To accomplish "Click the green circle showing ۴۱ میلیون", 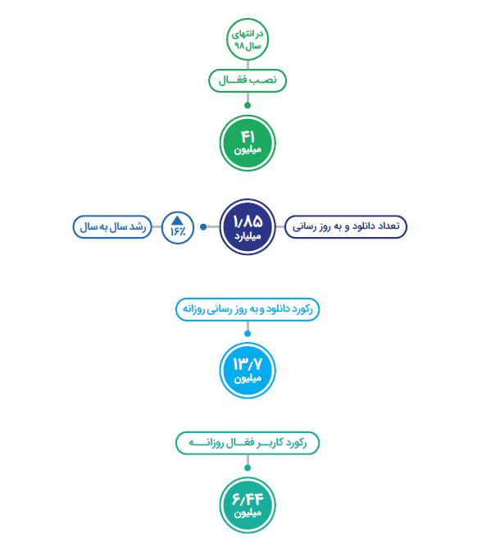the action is point(247,143).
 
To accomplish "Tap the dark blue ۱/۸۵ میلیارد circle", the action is point(247,227).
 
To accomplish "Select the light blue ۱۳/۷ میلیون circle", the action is point(247,370).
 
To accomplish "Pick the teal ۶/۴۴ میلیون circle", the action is point(247,504).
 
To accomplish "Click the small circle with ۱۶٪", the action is point(178,228).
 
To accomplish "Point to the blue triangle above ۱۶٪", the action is point(177,221).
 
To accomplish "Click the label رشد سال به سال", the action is point(112,227).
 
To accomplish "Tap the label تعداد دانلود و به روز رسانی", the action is point(346,227).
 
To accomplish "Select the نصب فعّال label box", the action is point(247,80).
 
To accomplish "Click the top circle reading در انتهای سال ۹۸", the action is point(247,39).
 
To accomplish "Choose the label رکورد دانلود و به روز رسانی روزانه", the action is point(247,309).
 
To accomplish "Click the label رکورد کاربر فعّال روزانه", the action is point(247,443).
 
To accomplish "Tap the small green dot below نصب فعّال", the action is point(247,105).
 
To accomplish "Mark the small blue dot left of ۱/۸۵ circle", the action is point(203,227).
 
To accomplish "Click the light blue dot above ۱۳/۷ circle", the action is point(247,334).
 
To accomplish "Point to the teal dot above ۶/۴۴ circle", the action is point(247,467).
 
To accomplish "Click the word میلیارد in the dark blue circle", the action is point(247,236).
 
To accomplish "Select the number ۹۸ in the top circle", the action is point(238,46).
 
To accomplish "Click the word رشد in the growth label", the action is point(138,227).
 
